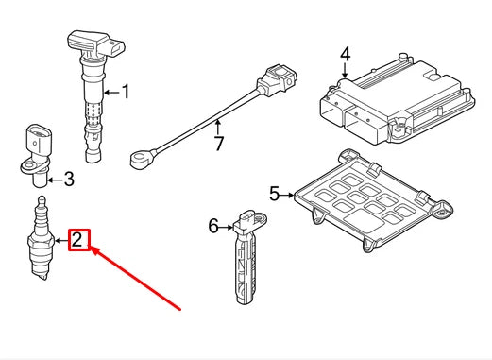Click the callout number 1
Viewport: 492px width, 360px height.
pyautogui.click(x=126, y=92)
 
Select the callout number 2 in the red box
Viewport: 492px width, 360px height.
pyautogui.click(x=77, y=240)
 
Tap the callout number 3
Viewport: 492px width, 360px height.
pyautogui.click(x=69, y=180)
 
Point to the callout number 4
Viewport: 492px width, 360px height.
pyautogui.click(x=346, y=54)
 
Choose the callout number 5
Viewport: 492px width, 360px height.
pyautogui.click(x=275, y=194)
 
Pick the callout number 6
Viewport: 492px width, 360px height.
pyautogui.click(x=213, y=226)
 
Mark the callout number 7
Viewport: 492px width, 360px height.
pyautogui.click(x=218, y=144)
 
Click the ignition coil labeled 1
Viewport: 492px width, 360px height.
pyautogui.click(x=94, y=94)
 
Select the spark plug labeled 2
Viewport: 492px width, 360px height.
pyautogui.click(x=40, y=238)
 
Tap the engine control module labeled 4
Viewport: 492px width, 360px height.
pyautogui.click(x=398, y=99)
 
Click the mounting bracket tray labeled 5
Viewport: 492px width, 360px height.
pyautogui.click(x=373, y=200)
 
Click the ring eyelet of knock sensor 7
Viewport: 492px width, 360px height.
pyautogui.click(x=138, y=158)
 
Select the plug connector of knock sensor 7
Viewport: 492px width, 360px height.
pyautogui.click(x=278, y=78)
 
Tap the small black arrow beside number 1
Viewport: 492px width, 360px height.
pyautogui.click(x=111, y=93)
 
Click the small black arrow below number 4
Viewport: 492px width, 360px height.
pyautogui.click(x=346, y=70)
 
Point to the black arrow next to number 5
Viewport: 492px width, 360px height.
pyautogui.click(x=287, y=196)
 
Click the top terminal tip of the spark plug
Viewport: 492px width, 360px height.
pyautogui.click(x=42, y=199)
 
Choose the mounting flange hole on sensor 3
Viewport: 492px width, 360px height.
pyautogui.click(x=28, y=164)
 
